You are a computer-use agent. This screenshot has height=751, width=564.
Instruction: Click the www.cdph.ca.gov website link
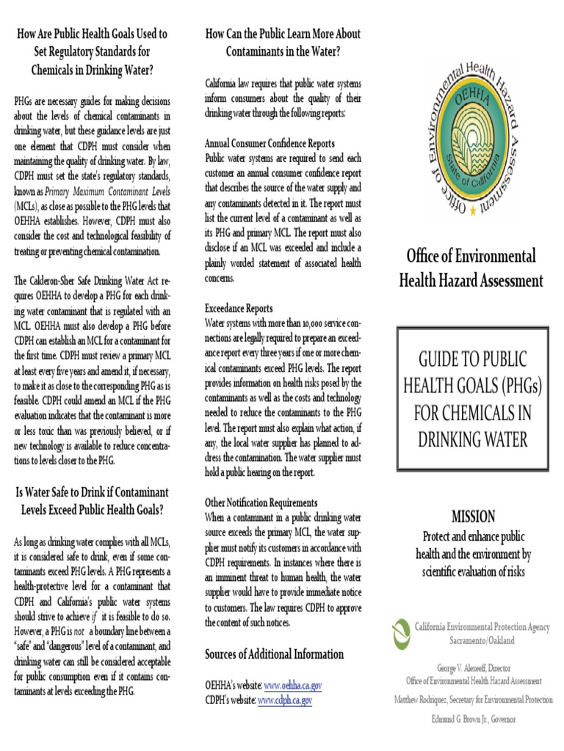pyautogui.click(x=285, y=700)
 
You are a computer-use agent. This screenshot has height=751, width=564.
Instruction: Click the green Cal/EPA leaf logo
pyautogui.click(x=400, y=632)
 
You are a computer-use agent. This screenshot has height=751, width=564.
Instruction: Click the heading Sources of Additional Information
pyautogui.click(x=274, y=653)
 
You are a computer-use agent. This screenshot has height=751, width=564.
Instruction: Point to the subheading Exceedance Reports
pyautogui.click(x=239, y=309)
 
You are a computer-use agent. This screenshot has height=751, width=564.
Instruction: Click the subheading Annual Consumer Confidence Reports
pyautogui.click(x=270, y=144)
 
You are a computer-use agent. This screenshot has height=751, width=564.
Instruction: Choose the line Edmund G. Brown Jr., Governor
pyautogui.click(x=474, y=719)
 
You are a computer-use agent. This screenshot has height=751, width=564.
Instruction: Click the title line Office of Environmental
pyautogui.click(x=471, y=256)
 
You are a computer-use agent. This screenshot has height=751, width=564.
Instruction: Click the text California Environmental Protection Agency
pyautogui.click(x=482, y=627)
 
